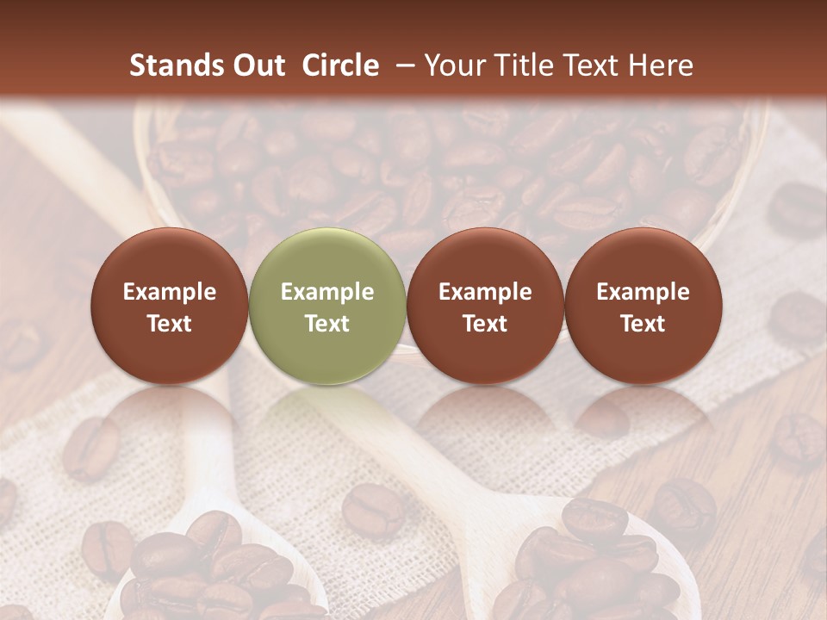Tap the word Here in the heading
click(x=660, y=65)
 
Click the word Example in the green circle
click(x=327, y=292)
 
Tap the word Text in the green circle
click(x=327, y=324)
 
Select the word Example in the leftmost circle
click(x=170, y=292)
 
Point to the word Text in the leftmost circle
click(x=170, y=324)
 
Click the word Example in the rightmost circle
click(x=643, y=292)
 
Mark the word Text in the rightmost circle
click(x=643, y=324)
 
